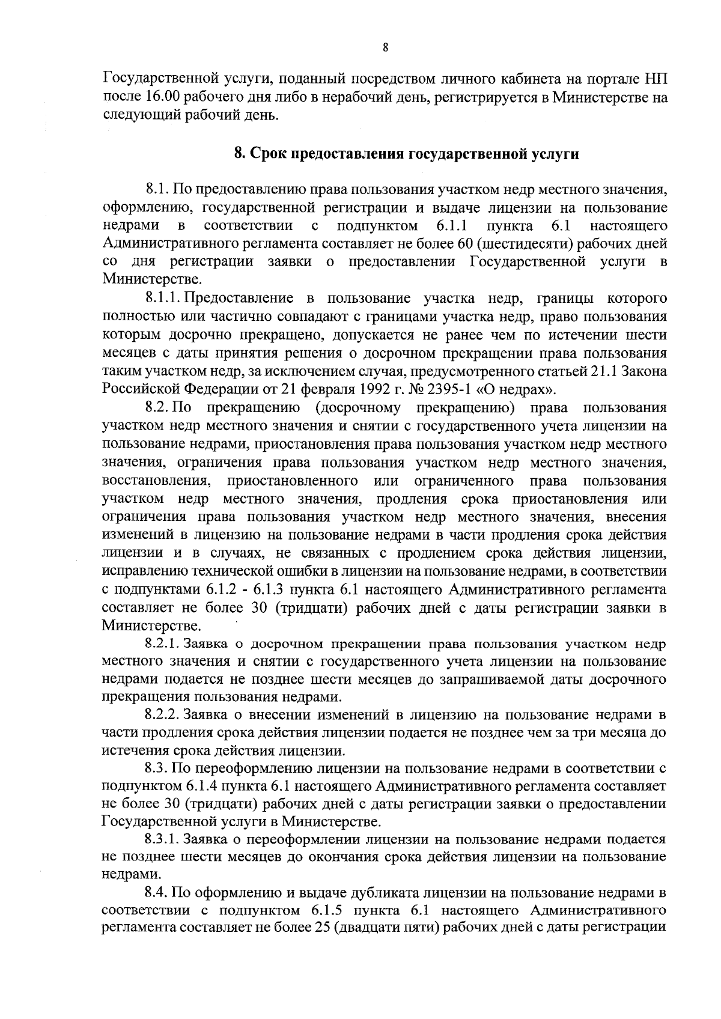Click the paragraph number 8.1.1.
point(163,299)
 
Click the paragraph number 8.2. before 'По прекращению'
point(157,408)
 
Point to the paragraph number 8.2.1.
point(162,644)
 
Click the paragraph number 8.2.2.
point(162,715)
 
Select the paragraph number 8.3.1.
point(162,839)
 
